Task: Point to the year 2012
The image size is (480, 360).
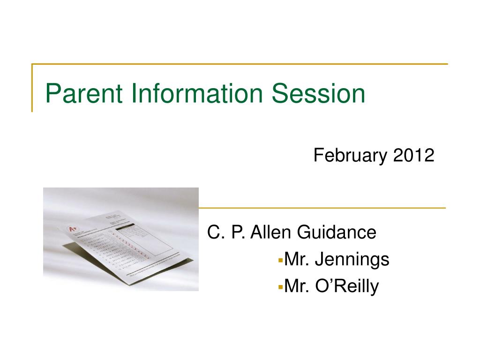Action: pyautogui.click(x=414, y=155)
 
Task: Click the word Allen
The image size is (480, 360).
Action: pyautogui.click(x=271, y=232)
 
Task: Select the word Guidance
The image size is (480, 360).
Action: pyautogui.click(x=337, y=232)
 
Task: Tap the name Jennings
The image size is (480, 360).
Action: pyautogui.click(x=352, y=259)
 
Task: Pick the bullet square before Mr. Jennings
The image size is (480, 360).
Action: pyautogui.click(x=280, y=259)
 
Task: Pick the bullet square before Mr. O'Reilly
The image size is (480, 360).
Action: pyautogui.click(x=280, y=285)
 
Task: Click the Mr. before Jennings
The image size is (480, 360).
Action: pyautogui.click(x=297, y=259)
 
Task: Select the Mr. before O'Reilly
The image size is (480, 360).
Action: pyautogui.click(x=297, y=285)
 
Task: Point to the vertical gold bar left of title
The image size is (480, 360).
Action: pyautogui.click(x=32, y=88)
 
